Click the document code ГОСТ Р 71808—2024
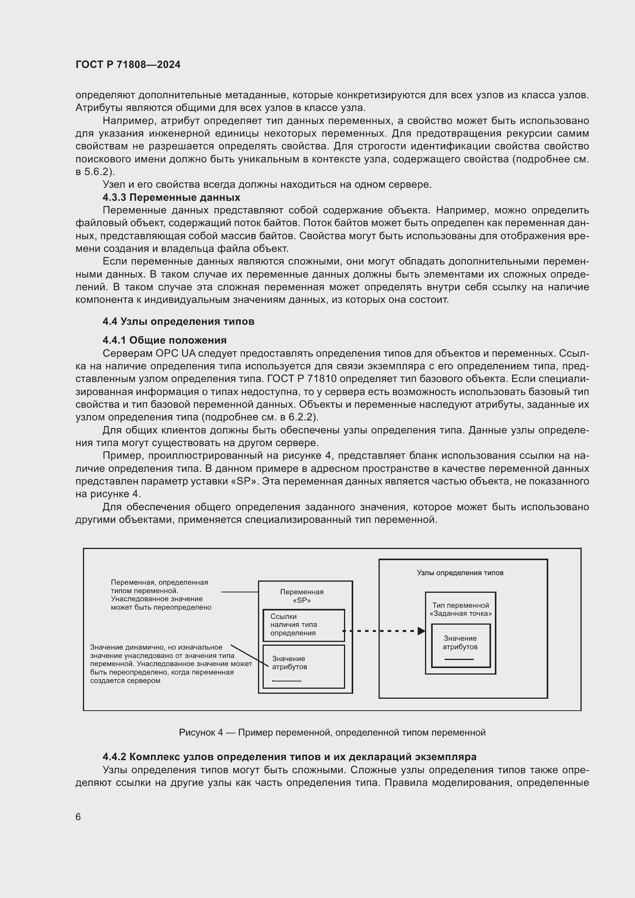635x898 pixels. click(x=128, y=64)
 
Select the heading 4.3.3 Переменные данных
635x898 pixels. click(x=171, y=197)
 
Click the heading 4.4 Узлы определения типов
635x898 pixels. click(x=178, y=321)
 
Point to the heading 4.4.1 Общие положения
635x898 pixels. click(x=165, y=340)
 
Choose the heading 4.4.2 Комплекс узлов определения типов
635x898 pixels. click(x=289, y=757)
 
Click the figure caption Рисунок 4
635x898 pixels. click(x=332, y=732)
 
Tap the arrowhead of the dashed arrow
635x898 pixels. click(x=421, y=631)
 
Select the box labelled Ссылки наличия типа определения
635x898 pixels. click(x=303, y=625)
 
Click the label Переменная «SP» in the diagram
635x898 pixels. click(x=301, y=596)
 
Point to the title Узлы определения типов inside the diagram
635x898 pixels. click(x=460, y=572)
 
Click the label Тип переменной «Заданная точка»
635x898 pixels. click(x=460, y=609)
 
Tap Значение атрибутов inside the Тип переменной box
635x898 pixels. click(x=460, y=643)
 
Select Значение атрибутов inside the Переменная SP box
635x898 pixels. click(x=290, y=663)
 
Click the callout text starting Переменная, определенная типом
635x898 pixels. click(x=161, y=594)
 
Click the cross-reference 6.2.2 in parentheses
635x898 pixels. click(x=304, y=417)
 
